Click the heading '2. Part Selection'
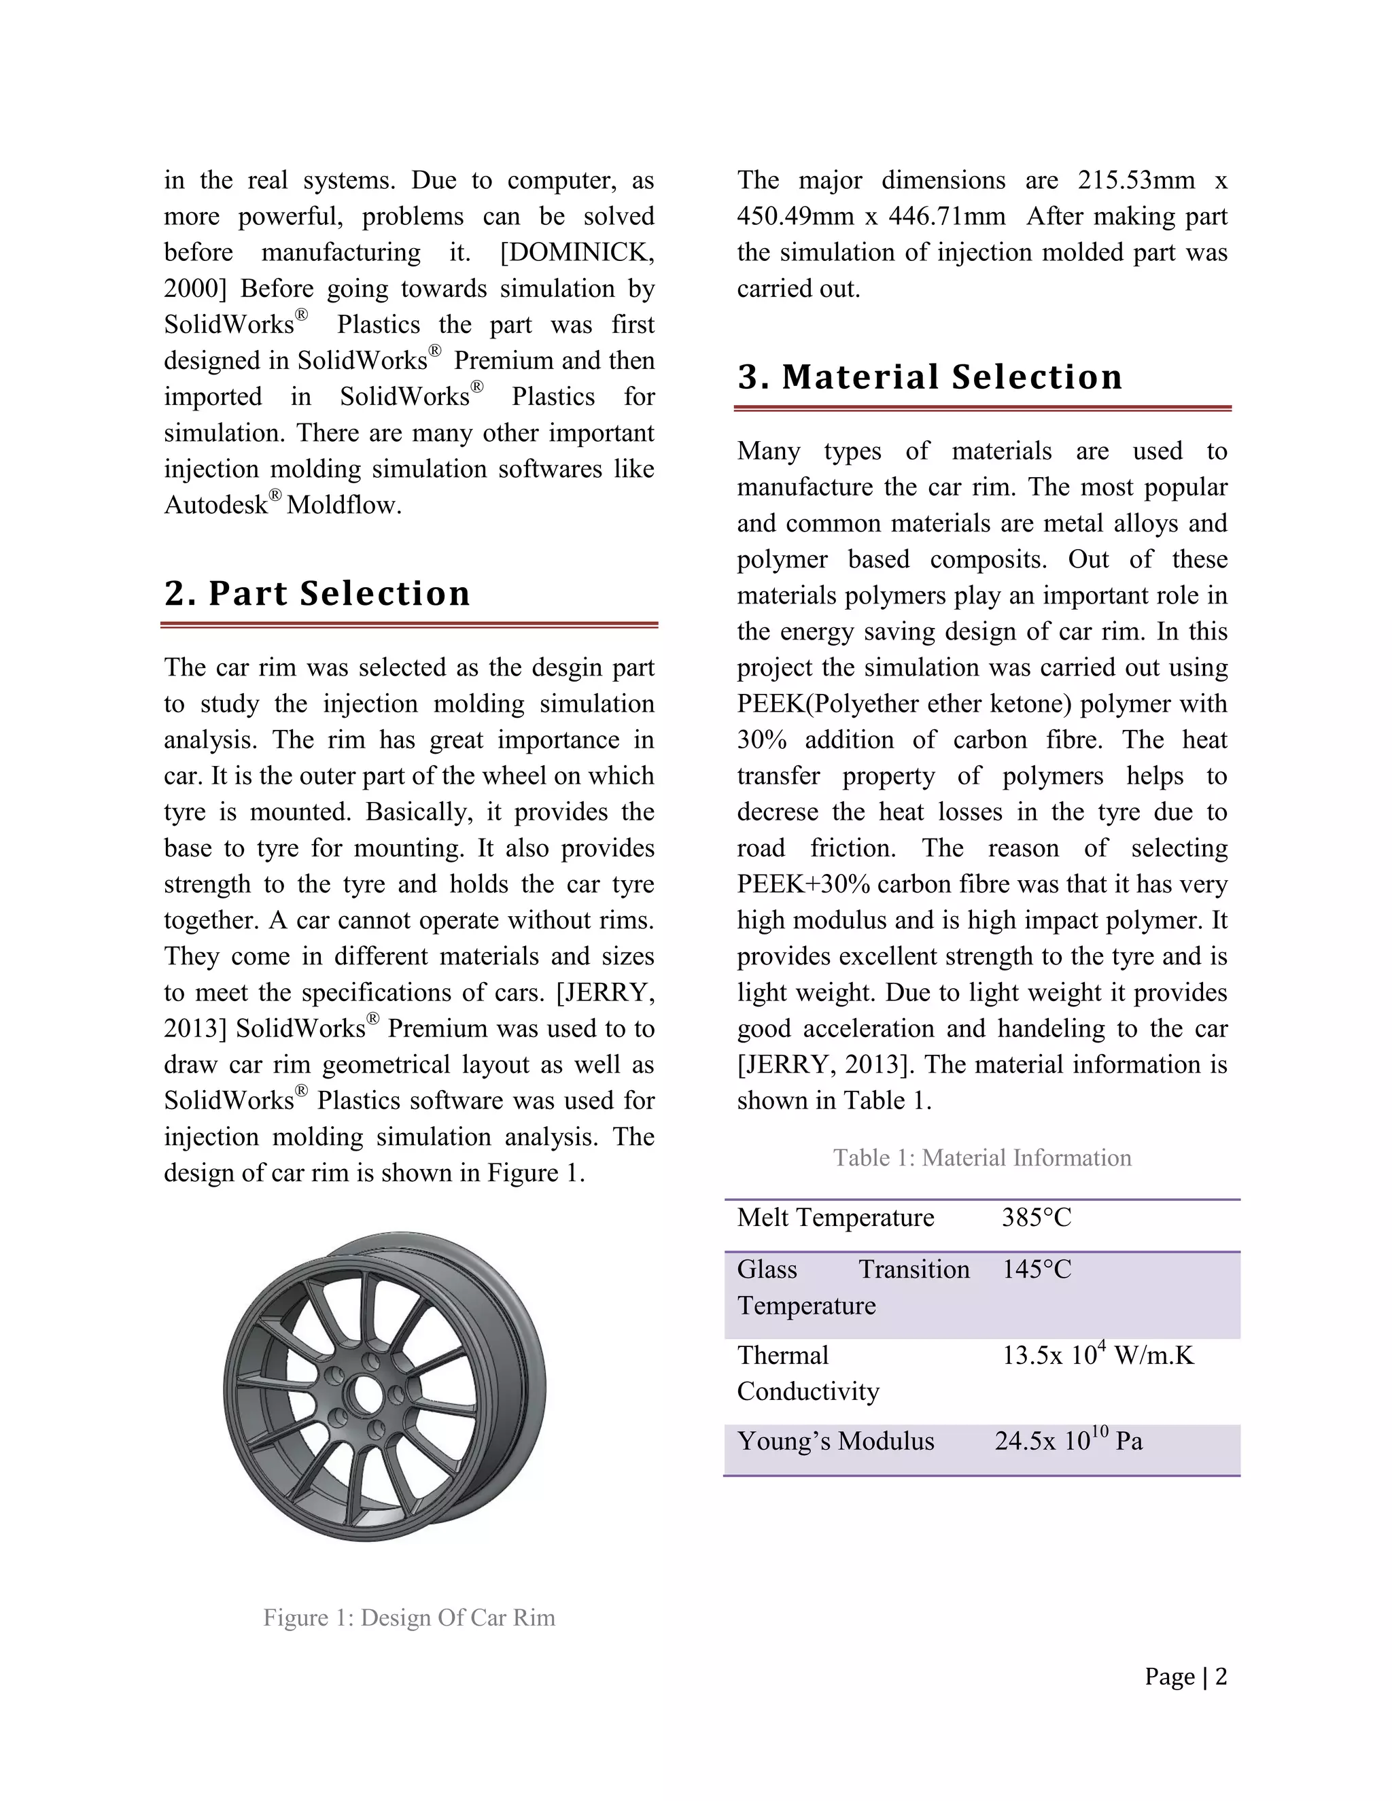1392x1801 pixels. [317, 593]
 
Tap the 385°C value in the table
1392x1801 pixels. [1036, 1217]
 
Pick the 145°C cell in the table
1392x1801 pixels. [1036, 1269]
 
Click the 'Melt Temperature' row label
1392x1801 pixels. [835, 1217]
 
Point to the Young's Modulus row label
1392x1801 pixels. [835, 1441]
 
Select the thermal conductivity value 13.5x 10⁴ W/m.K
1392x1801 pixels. [1097, 1356]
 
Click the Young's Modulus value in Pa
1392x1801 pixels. [1068, 1441]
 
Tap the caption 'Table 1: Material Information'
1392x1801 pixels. [981, 1158]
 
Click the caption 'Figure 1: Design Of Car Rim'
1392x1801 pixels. [409, 1618]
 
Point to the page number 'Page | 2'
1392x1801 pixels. [1185, 1677]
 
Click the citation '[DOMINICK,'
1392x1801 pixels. [576, 252]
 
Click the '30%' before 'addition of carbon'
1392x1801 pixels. [761, 739]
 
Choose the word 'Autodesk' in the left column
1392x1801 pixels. [215, 505]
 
